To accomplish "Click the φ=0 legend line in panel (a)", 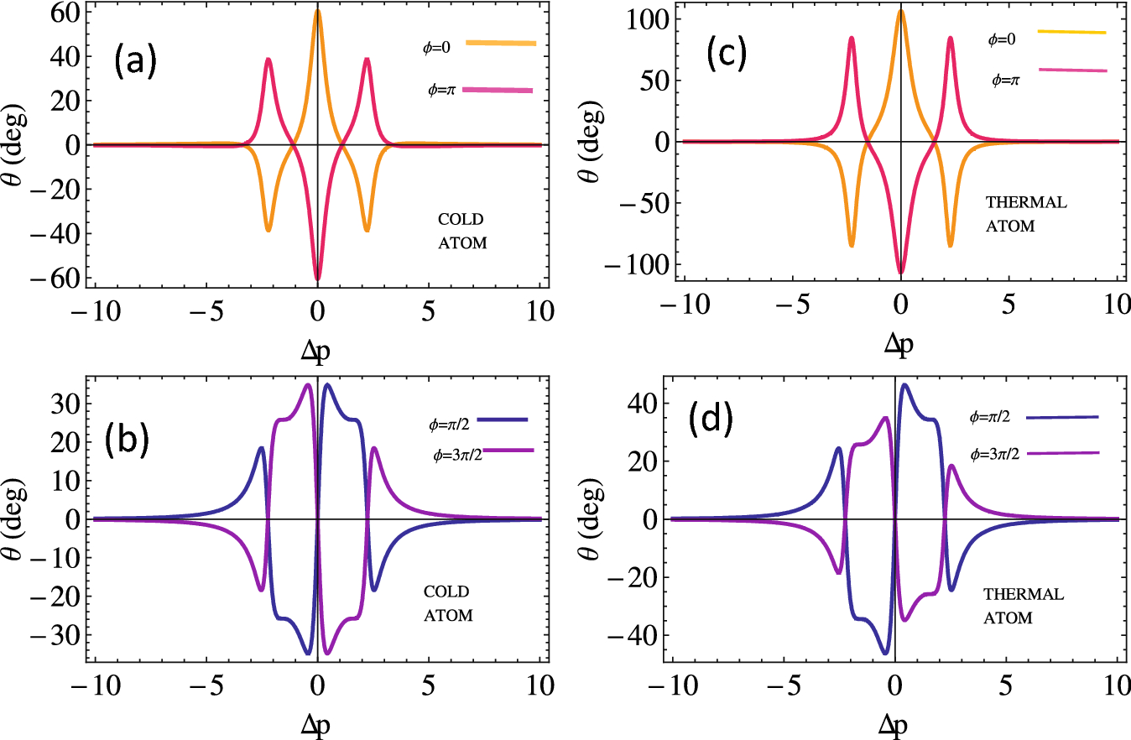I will click(x=501, y=43).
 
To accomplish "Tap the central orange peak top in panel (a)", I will click(x=318, y=11).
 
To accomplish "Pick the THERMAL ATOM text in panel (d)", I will click(x=1023, y=605).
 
